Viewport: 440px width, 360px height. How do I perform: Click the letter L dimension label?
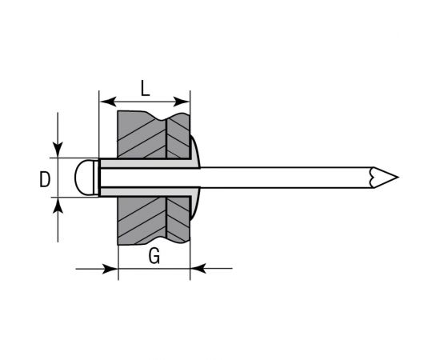point(144,89)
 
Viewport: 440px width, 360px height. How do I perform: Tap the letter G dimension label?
point(154,256)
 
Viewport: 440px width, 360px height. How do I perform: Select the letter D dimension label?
point(45,180)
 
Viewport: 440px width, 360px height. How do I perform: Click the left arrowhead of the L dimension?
point(105,102)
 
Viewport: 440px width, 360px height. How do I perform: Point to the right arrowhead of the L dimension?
point(185,102)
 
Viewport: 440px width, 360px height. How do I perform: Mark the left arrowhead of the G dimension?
point(112,269)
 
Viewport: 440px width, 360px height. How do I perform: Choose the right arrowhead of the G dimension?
point(197,269)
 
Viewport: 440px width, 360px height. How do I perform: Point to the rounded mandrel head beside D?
point(83,177)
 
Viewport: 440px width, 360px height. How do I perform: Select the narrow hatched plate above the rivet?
point(178,134)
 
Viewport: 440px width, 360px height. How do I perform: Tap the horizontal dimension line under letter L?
point(144,102)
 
